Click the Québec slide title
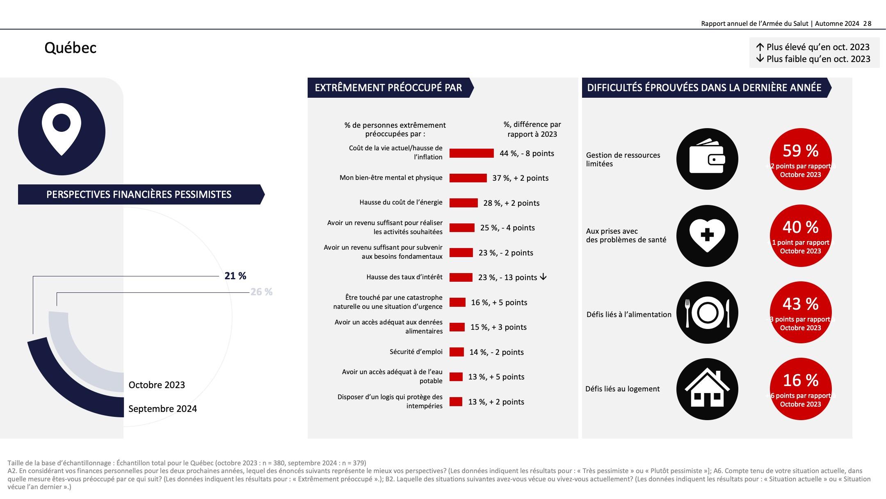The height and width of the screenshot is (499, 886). pyautogui.click(x=70, y=48)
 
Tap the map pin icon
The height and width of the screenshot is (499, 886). pyautogui.click(x=62, y=131)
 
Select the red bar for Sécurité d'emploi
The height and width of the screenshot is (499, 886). pyautogui.click(x=457, y=352)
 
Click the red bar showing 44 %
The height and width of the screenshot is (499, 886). pyautogui.click(x=471, y=153)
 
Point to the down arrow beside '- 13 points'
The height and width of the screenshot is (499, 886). pyautogui.click(x=543, y=277)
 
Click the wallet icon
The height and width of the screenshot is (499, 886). pyautogui.click(x=707, y=159)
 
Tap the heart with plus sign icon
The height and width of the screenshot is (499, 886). pyautogui.click(x=707, y=236)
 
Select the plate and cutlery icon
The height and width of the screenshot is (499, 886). pyautogui.click(x=707, y=313)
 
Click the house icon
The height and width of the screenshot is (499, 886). pyautogui.click(x=707, y=389)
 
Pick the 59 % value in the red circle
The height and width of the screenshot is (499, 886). pyautogui.click(x=800, y=151)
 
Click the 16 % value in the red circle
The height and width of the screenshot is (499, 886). pyautogui.click(x=800, y=380)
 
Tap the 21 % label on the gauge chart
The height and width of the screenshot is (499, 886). pyautogui.click(x=235, y=276)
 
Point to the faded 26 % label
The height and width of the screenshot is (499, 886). pyautogui.click(x=261, y=292)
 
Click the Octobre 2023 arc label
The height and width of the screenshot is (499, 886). pyautogui.click(x=157, y=385)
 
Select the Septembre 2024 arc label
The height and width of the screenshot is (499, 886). pyautogui.click(x=162, y=409)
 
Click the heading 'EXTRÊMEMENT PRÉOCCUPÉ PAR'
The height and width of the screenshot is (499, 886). pyautogui.click(x=388, y=87)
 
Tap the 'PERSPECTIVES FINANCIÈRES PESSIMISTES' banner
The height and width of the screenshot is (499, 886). pyautogui.click(x=139, y=194)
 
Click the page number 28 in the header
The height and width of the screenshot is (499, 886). pyautogui.click(x=867, y=24)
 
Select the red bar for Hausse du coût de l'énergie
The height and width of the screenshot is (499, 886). pyautogui.click(x=464, y=203)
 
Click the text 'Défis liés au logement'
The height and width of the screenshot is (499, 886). pyautogui.click(x=622, y=389)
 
